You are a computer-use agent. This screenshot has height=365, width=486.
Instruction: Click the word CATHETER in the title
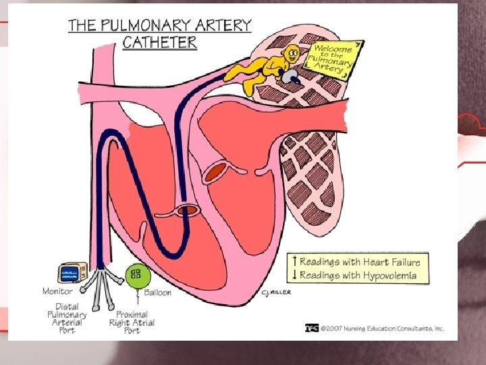coord(160,42)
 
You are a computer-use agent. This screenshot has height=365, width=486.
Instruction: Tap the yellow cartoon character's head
coord(292,53)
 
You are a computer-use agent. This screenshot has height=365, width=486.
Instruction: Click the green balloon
coord(136,274)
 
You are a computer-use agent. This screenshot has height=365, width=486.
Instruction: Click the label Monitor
coord(58,292)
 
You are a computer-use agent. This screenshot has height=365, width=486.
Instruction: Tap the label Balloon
coord(158,293)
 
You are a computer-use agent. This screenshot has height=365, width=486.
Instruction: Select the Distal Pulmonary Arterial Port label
coord(67,314)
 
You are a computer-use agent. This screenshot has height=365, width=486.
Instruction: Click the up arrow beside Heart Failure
coord(294,261)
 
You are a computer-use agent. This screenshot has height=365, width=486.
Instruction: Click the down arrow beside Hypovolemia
coord(294,274)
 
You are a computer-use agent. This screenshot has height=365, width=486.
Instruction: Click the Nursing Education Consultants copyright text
coord(381,328)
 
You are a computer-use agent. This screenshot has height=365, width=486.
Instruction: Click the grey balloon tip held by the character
coord(288,78)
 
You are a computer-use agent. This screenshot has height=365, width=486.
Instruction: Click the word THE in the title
coord(82,26)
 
